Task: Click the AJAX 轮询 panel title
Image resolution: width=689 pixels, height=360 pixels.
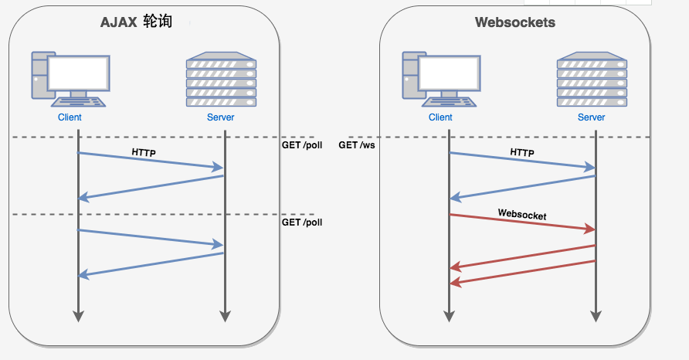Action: (x=136, y=22)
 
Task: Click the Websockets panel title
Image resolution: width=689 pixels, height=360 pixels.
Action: (x=515, y=22)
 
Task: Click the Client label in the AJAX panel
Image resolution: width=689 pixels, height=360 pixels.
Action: (x=70, y=117)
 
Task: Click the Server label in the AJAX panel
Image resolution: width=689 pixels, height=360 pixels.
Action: (x=220, y=117)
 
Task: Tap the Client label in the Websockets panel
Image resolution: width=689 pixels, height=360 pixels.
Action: (x=440, y=117)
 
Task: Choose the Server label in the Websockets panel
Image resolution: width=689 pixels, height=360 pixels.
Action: (x=592, y=117)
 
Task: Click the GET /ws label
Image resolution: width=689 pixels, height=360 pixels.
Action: (x=357, y=145)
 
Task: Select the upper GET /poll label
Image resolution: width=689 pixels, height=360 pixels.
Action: (x=302, y=145)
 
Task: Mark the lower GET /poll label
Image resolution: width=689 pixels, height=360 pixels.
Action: (x=302, y=222)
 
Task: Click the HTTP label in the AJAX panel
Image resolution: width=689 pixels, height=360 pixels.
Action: (x=144, y=153)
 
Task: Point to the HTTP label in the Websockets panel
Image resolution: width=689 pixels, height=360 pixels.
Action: (x=522, y=153)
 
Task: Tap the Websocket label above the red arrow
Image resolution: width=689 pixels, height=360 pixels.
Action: (x=522, y=215)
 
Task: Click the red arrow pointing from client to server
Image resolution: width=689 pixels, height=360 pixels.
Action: (x=522, y=222)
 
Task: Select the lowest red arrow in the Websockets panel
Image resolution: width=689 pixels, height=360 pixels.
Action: (x=522, y=273)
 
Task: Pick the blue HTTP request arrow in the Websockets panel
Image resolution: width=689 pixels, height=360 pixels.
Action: (x=522, y=160)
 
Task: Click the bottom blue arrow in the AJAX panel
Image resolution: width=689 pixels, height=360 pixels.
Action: (x=151, y=264)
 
